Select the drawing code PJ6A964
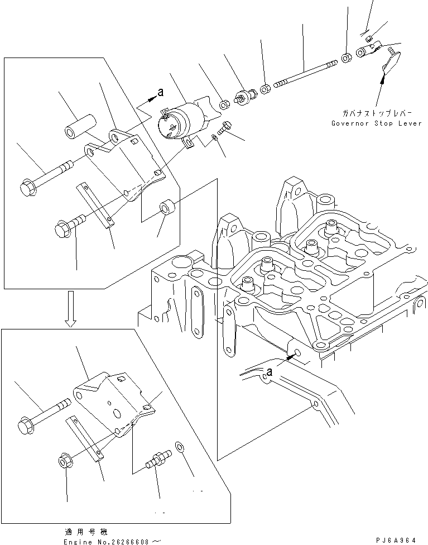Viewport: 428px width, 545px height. coord(396,540)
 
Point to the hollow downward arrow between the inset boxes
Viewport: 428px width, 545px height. coord(70,314)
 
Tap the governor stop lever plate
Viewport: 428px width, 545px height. coord(390,63)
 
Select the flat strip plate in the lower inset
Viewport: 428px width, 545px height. coord(85,439)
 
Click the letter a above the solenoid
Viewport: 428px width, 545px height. coord(160,93)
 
